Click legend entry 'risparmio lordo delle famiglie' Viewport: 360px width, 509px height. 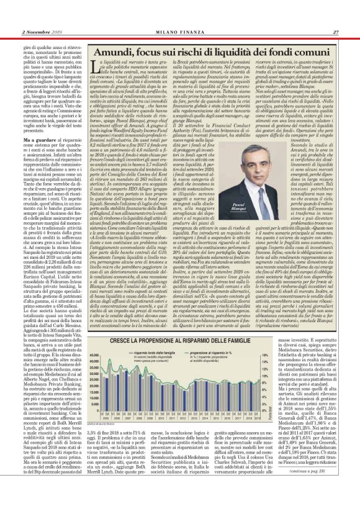[137, 351]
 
